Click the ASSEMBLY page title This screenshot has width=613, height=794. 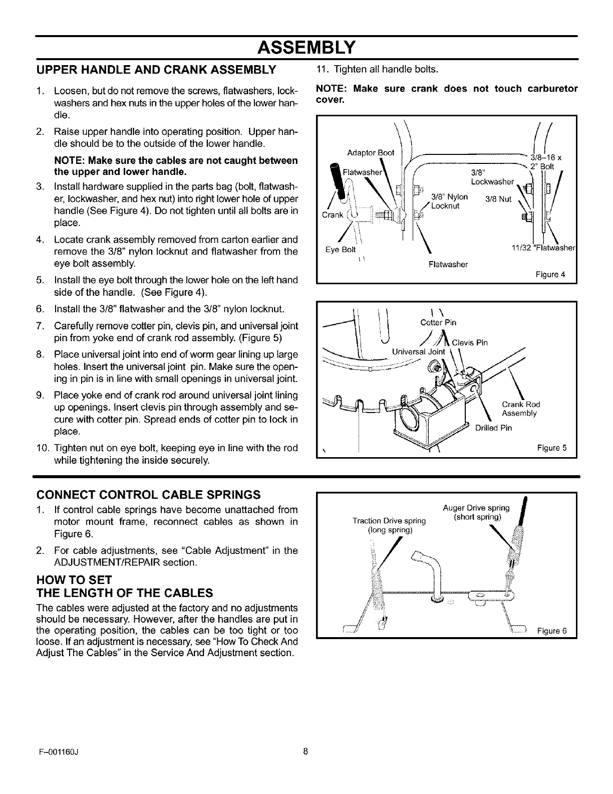click(306, 47)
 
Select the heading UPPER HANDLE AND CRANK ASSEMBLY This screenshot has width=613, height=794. click(156, 69)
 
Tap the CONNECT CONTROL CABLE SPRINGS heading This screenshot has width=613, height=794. click(149, 495)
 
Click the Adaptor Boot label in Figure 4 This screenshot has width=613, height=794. click(371, 152)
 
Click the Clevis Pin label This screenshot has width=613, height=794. click(469, 343)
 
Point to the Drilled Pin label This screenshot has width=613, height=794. click(493, 428)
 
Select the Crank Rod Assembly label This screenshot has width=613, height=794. click(520, 409)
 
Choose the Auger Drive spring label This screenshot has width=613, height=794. click(476, 512)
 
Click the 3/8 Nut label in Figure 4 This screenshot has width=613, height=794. click(498, 199)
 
